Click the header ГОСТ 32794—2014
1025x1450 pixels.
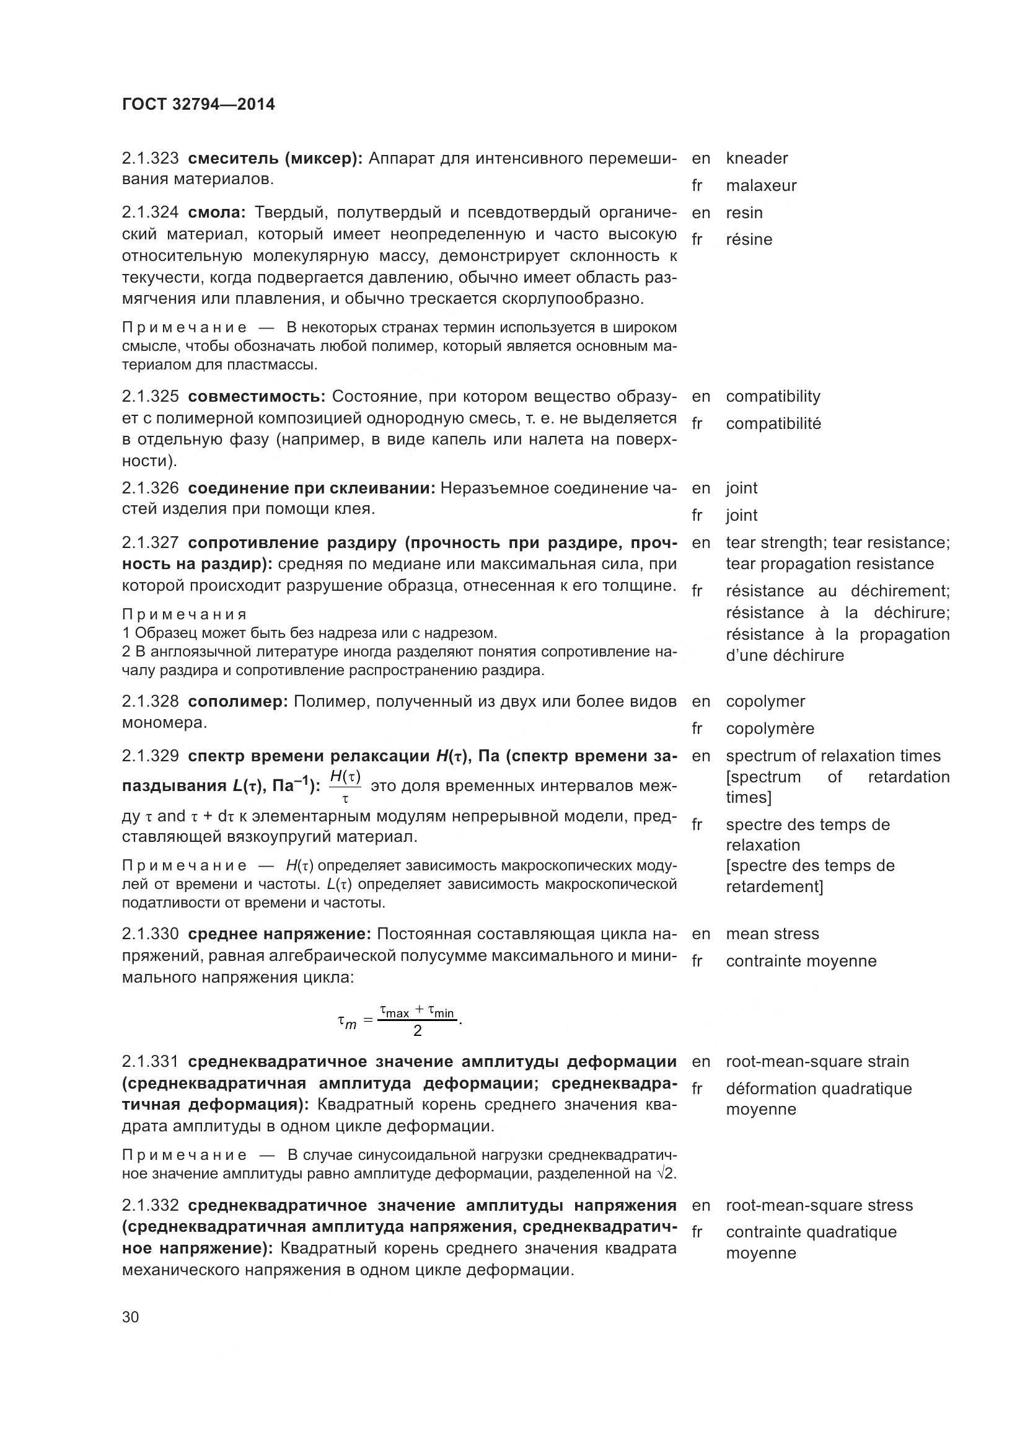point(198,104)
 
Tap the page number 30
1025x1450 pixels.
point(130,1317)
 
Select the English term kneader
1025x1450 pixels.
point(756,158)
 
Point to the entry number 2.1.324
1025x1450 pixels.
point(149,212)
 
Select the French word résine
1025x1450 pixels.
point(749,239)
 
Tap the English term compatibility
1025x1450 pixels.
point(773,396)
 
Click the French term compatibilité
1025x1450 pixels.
point(773,423)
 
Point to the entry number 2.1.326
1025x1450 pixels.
point(149,487)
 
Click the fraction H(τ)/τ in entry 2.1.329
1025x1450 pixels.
point(345,786)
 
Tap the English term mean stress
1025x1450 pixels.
point(772,934)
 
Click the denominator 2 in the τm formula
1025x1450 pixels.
point(417,1032)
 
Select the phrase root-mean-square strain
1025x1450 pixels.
point(817,1061)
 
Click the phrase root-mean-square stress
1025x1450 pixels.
point(819,1205)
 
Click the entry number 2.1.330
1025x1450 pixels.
point(149,934)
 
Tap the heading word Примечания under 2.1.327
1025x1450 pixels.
point(183,614)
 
